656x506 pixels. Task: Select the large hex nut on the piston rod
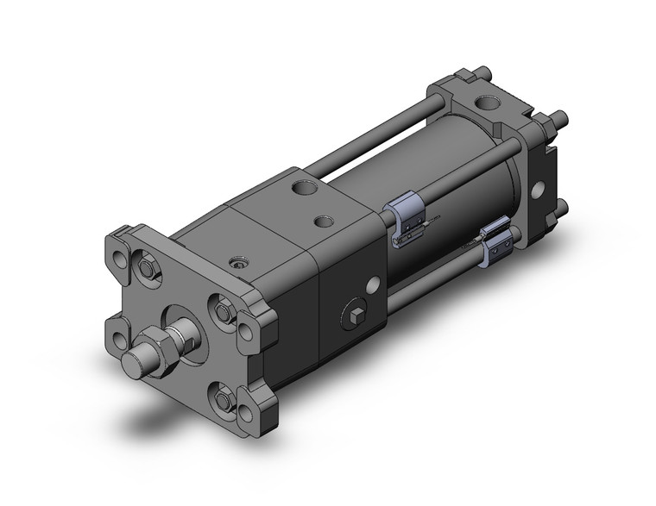(156, 345)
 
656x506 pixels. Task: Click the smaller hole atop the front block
(325, 222)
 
